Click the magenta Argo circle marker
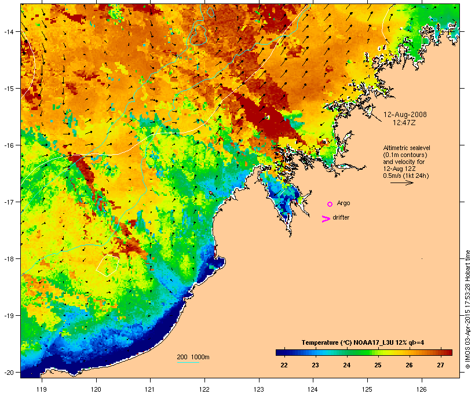point(330,204)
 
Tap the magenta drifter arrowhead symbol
point(326,218)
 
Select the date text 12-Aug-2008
point(405,115)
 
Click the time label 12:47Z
point(405,123)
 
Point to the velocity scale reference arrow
point(401,183)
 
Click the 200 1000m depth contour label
point(193,356)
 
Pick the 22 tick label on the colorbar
point(284,365)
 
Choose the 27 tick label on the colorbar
point(440,365)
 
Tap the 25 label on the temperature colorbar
point(378,365)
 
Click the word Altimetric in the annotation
point(399,148)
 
